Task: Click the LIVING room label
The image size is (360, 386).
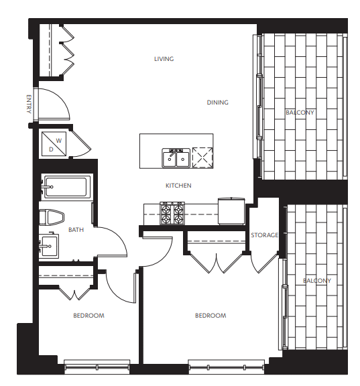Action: [x=164, y=59]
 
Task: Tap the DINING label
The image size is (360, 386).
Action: [x=217, y=103]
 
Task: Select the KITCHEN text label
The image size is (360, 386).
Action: [x=178, y=186]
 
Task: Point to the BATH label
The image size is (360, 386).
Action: [x=76, y=230]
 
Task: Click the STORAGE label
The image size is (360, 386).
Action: [x=264, y=235]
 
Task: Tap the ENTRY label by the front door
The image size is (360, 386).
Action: [x=29, y=104]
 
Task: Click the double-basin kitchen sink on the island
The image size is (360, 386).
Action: [x=176, y=158]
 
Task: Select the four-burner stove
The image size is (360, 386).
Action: [x=172, y=213]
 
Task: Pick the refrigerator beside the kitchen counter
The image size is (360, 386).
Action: [x=231, y=211]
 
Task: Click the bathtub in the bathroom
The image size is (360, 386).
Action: [x=66, y=187]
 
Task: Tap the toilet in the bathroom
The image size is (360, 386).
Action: [x=52, y=218]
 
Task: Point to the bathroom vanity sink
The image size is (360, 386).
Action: [x=49, y=245]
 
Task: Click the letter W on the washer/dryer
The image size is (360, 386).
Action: [x=58, y=141]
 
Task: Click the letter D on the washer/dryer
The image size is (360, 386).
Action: [x=51, y=149]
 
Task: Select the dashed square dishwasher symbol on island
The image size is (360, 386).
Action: [x=202, y=157]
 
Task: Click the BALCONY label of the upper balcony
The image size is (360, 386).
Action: [x=300, y=113]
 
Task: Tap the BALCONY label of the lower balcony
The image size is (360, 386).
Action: [x=317, y=281]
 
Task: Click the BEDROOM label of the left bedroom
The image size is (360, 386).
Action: [x=88, y=316]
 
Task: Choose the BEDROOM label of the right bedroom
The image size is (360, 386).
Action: [x=211, y=316]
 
